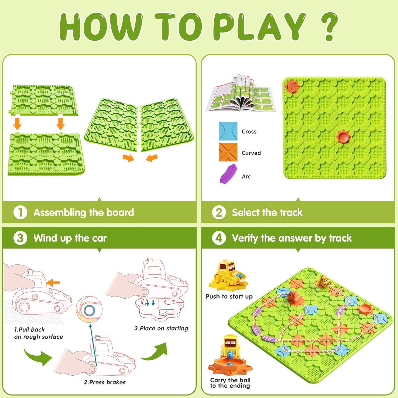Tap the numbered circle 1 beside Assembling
pos(20,212)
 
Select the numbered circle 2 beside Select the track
pos(219,212)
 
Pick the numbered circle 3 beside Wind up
pos(20,238)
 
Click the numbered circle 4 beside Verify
pos(219,238)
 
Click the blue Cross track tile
pos(228,131)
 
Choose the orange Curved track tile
pos(228,152)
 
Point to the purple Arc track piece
pos(228,173)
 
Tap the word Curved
pos(251,153)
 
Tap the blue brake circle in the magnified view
pos(90,310)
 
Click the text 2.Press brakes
pos(105,382)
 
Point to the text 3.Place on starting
pos(161,328)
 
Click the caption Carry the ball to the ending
pos(230,383)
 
